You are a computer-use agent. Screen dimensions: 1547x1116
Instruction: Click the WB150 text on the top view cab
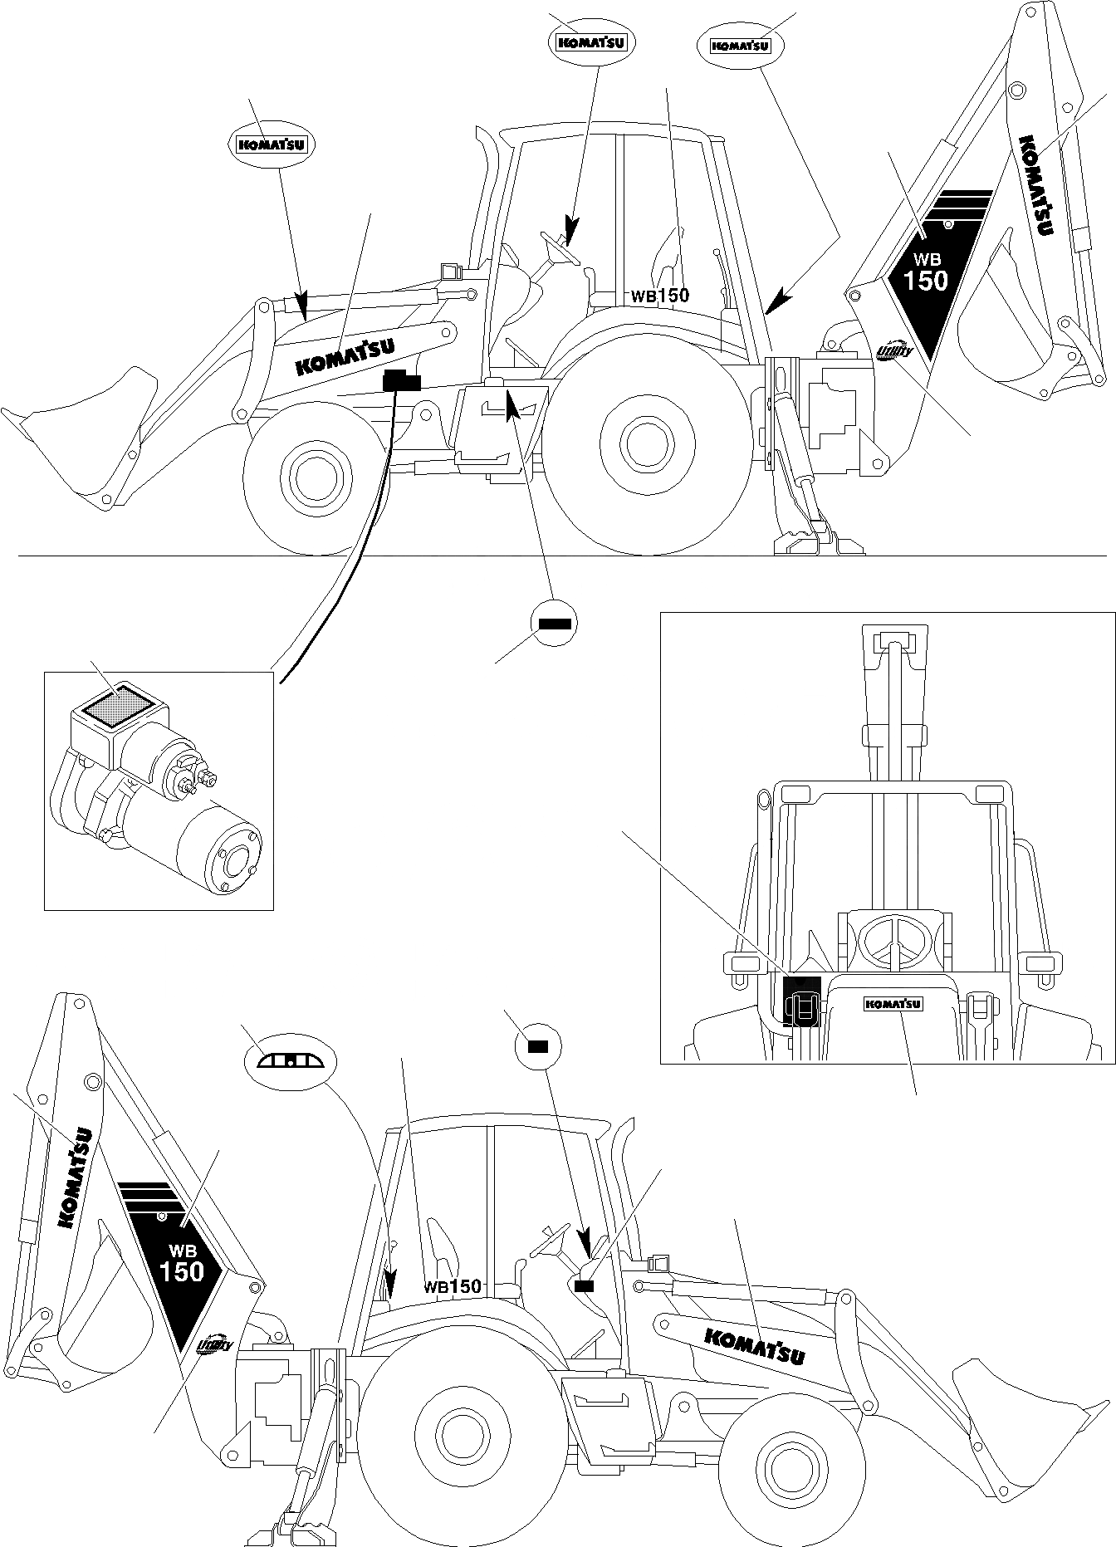659,295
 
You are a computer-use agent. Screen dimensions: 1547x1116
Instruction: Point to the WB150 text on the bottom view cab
453,1287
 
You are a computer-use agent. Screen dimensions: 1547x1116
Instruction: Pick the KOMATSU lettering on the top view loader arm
345,357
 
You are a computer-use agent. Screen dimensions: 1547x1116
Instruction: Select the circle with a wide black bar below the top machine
553,622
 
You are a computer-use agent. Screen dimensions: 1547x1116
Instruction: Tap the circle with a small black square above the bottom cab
538,1047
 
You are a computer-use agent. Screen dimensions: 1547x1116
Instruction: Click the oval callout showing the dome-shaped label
290,1061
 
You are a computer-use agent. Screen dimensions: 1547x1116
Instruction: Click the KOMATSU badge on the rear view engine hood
893,1003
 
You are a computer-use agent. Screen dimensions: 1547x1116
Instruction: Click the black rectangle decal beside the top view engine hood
402,381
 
